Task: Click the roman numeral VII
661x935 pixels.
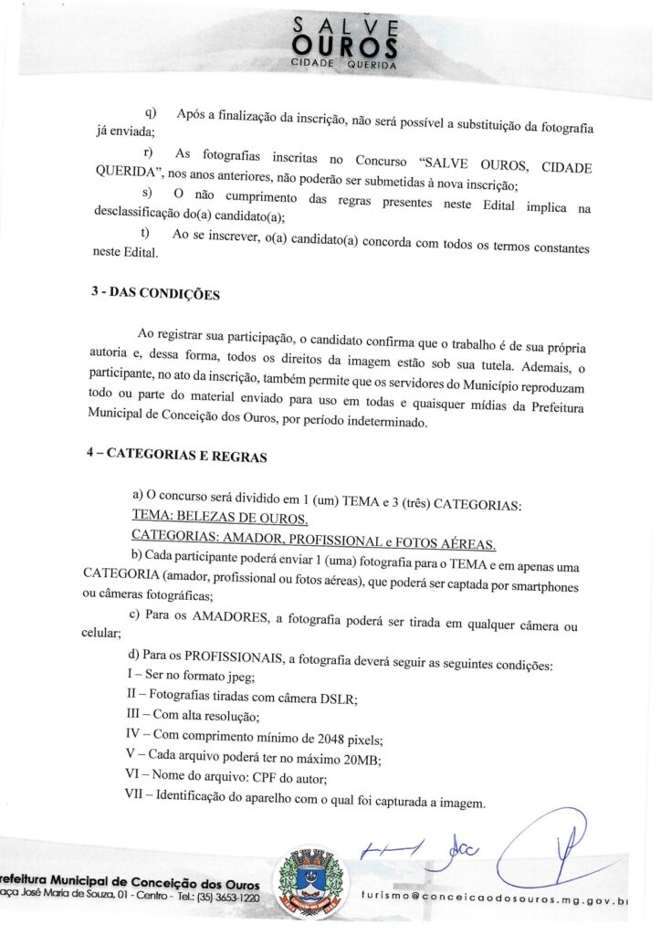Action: click(x=136, y=796)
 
